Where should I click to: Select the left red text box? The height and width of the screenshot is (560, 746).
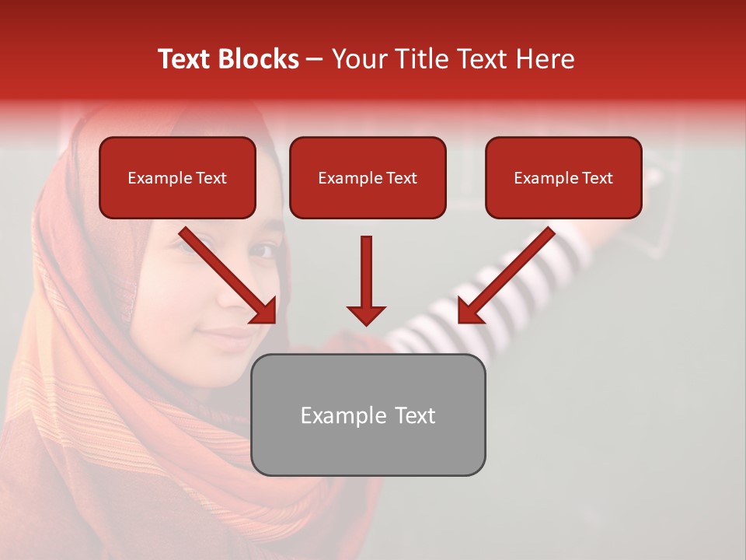coord(177,177)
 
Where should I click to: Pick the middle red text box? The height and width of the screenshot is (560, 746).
coord(368,177)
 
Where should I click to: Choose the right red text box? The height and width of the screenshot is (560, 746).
coord(563,177)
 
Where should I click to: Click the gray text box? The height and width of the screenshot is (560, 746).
coord(368,415)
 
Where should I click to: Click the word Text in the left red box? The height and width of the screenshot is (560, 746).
coord(211,178)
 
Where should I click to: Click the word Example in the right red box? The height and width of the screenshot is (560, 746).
coord(546,178)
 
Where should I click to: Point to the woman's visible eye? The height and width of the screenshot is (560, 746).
coord(264,250)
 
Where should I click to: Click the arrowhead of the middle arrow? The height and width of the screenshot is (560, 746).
coord(366,315)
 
